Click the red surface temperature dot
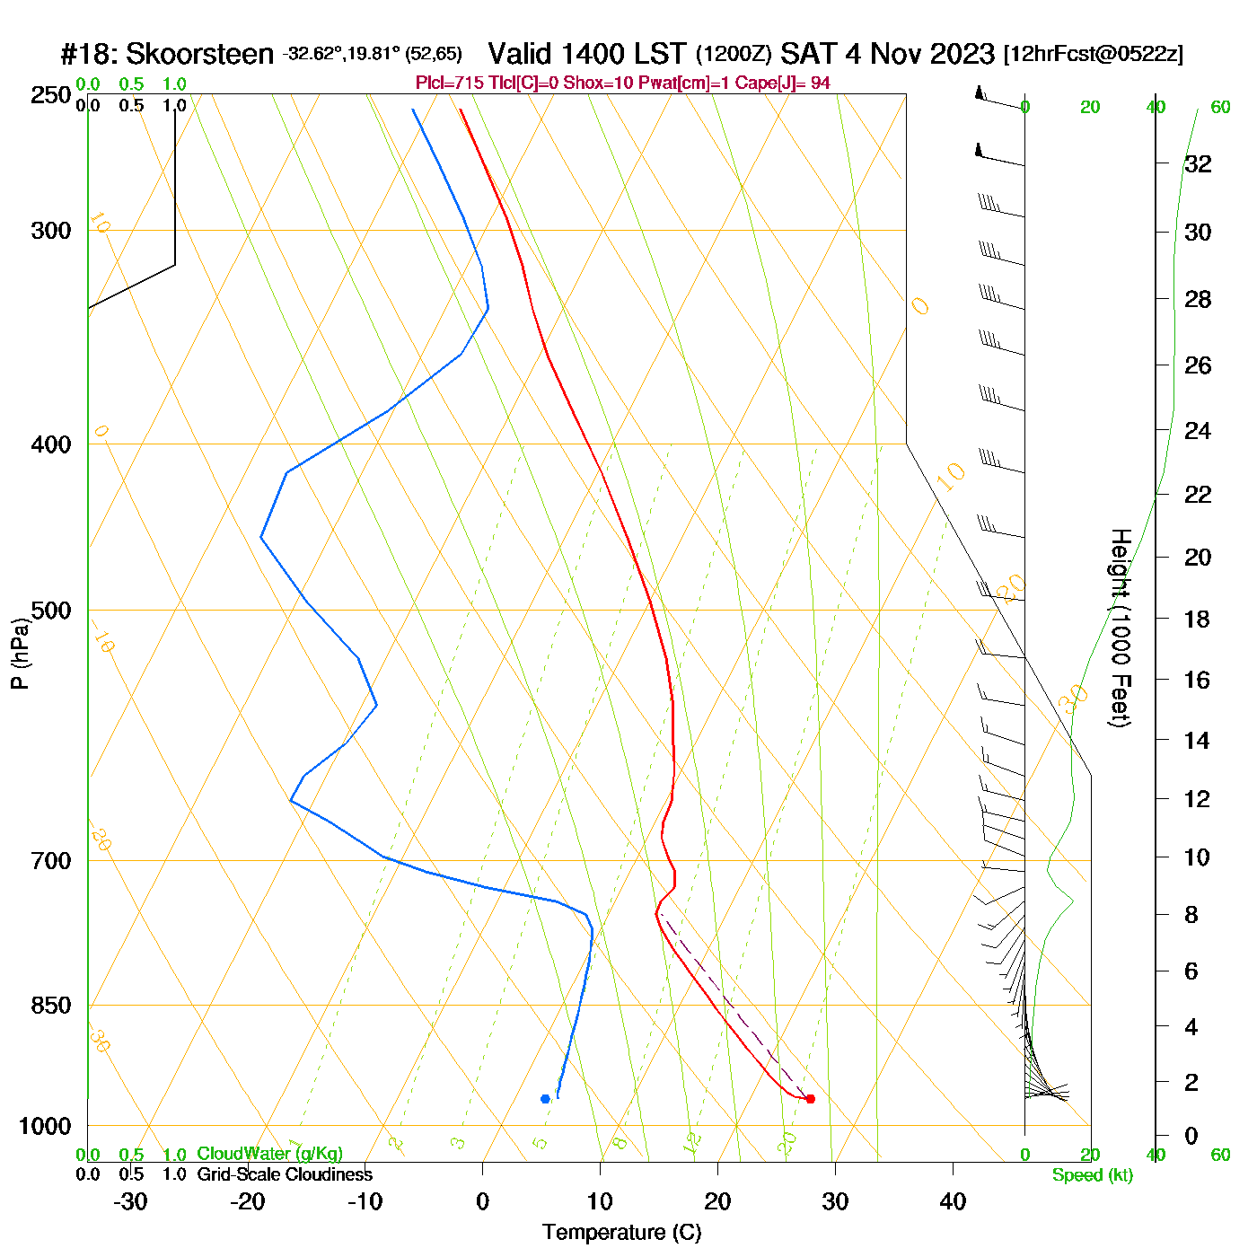point(810,1099)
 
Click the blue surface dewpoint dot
point(545,1099)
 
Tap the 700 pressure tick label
point(51,861)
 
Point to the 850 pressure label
point(51,1006)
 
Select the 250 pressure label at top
point(51,95)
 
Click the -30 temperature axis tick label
point(130,1201)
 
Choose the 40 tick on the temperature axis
point(953,1201)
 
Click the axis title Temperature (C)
point(621,1233)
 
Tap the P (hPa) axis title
point(19,653)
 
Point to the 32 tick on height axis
point(1198,163)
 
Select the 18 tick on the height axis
point(1198,619)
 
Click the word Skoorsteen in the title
point(199,55)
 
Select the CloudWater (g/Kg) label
point(269,1154)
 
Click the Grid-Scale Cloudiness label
point(285,1174)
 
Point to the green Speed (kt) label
point(1093,1175)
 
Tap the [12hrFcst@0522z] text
point(1094,54)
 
